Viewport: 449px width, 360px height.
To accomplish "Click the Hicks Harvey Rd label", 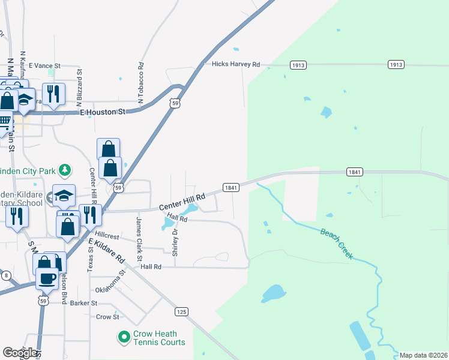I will coord(235,64).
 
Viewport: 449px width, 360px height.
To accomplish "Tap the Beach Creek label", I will coord(336,244).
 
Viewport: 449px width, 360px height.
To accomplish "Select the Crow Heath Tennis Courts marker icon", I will coord(124,338).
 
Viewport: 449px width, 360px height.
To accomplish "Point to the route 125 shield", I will coord(182,311).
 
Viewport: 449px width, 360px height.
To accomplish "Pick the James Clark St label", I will coord(139,235).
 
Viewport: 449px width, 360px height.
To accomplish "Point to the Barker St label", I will coord(83,303).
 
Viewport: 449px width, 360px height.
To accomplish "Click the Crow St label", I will coord(107,317).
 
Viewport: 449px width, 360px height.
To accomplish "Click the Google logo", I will coord(20,353).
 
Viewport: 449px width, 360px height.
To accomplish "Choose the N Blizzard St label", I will coord(79,83).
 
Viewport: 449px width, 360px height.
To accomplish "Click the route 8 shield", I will coord(6,275).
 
